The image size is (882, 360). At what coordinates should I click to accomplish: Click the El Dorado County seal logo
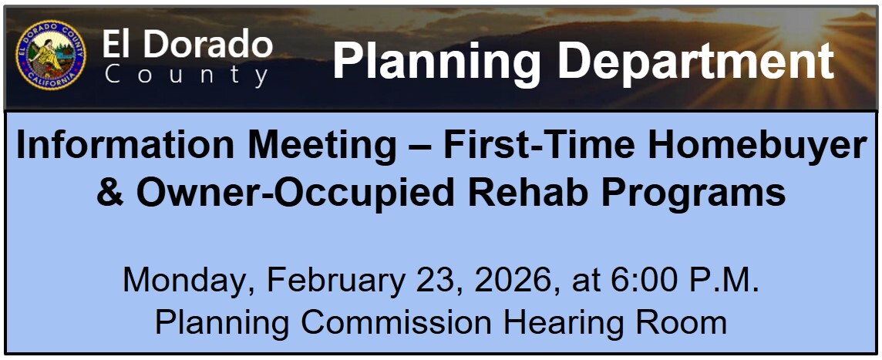(x=51, y=56)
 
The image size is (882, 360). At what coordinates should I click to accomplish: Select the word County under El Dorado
(x=186, y=75)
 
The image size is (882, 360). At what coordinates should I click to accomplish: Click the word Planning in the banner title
(x=436, y=62)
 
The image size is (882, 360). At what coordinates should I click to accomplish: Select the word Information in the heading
(x=124, y=145)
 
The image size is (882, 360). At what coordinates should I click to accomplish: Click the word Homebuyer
(x=754, y=146)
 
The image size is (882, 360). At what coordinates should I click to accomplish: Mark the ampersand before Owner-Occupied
(x=110, y=193)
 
